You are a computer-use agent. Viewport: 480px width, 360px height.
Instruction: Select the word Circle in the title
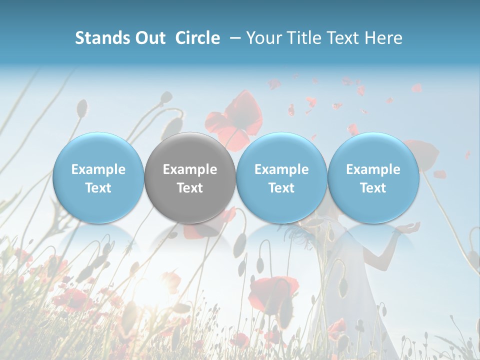(197, 38)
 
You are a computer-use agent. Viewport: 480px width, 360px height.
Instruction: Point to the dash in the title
(233, 38)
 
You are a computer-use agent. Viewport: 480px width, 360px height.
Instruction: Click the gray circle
(190, 178)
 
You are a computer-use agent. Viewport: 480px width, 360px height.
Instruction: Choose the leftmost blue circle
(98, 178)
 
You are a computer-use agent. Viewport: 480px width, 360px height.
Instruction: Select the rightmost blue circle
(373, 178)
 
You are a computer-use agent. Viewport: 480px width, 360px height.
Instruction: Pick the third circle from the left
(281, 178)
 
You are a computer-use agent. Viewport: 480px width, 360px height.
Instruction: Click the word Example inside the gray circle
(190, 169)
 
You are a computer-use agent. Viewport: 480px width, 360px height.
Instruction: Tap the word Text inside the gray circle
(190, 188)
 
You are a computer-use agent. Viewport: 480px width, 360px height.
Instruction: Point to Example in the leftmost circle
(98, 169)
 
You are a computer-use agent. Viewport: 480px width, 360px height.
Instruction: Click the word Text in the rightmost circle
(373, 188)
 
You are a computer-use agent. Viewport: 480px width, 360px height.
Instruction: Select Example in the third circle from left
(281, 169)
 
